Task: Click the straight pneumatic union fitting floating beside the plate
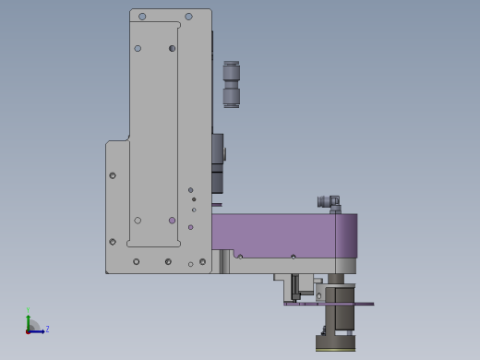click(232, 84)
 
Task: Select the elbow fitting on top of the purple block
click(330, 204)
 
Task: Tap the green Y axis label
click(28, 310)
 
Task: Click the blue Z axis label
click(47, 330)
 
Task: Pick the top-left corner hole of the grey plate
click(142, 17)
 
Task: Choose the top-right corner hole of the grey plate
click(188, 17)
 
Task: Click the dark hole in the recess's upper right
click(173, 48)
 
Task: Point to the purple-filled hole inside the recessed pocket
click(173, 221)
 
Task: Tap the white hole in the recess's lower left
click(138, 221)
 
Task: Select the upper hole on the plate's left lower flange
click(113, 175)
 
